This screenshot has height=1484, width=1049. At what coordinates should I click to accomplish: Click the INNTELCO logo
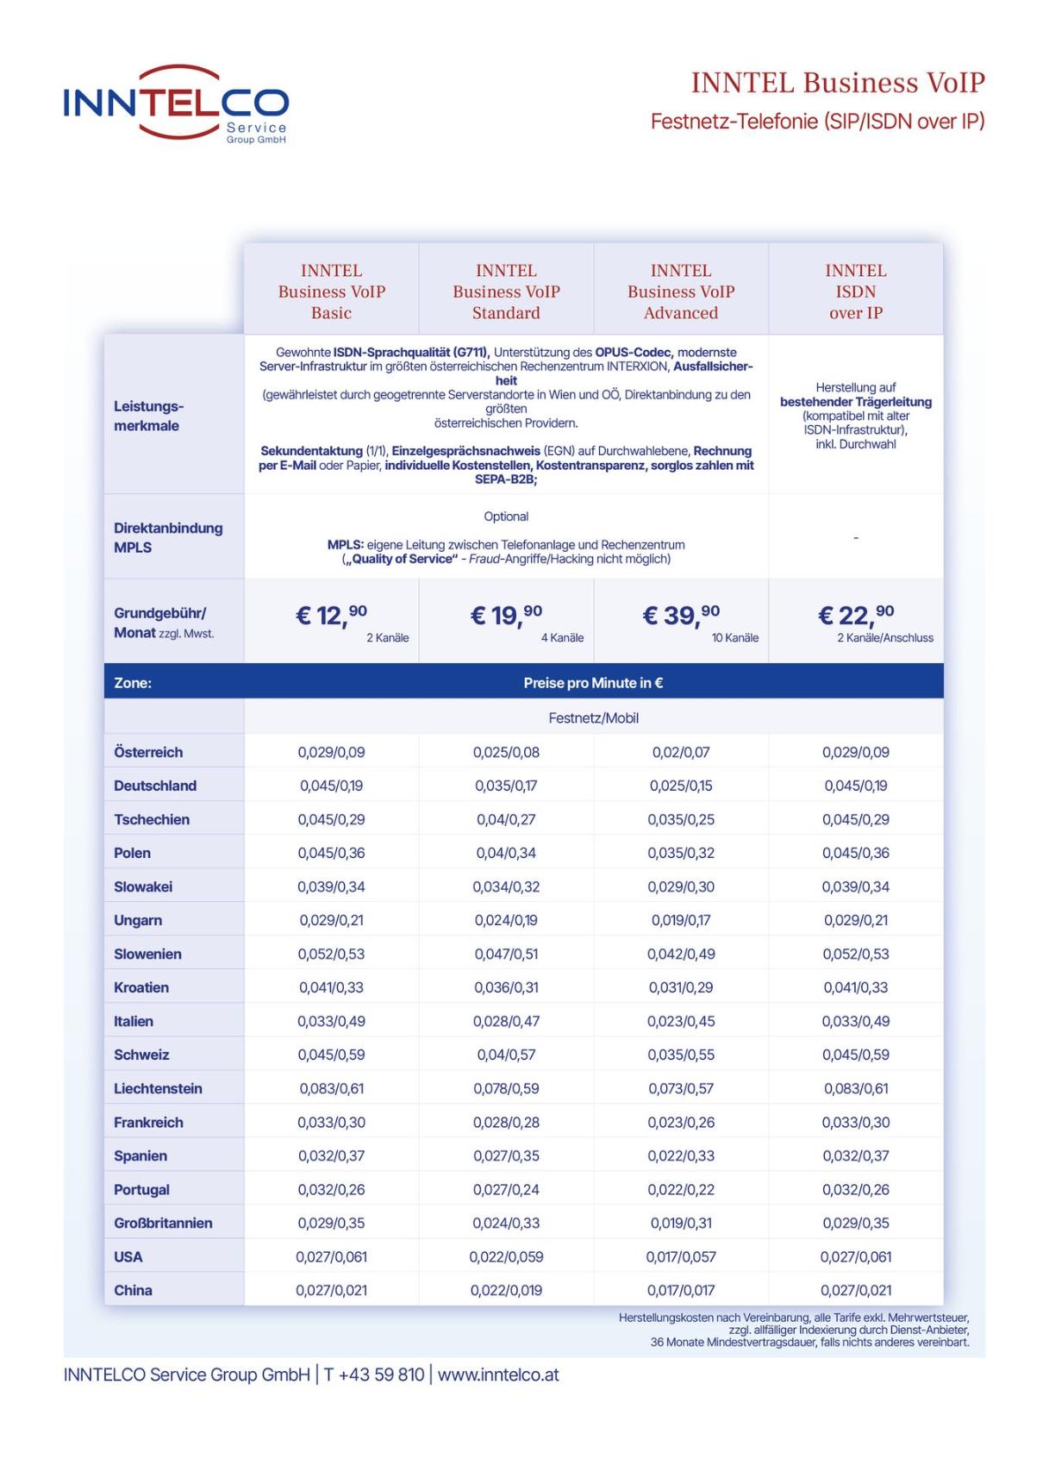(176, 102)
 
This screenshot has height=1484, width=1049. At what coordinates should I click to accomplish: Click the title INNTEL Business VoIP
(837, 83)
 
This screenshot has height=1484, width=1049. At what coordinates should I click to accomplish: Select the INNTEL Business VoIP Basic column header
(331, 291)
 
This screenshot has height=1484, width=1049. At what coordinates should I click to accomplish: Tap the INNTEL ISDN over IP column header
(855, 291)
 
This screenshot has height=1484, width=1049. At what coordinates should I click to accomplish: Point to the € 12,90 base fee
(331, 616)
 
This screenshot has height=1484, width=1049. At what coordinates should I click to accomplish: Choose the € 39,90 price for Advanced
(680, 616)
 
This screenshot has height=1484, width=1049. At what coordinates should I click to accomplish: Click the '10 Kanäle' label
(734, 638)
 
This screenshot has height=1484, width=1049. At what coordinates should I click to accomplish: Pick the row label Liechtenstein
(158, 1088)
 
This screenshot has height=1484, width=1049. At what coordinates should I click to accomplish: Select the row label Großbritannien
(163, 1223)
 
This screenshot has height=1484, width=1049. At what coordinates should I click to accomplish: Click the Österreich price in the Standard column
(506, 752)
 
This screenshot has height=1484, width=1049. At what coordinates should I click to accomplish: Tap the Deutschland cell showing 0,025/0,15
(681, 786)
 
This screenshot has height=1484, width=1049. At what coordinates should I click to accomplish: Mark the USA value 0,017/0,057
(681, 1256)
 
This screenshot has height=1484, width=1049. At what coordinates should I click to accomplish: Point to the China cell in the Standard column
(506, 1290)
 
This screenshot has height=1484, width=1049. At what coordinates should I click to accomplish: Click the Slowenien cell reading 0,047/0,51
(506, 954)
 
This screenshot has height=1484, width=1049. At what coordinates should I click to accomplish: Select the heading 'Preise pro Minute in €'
(593, 683)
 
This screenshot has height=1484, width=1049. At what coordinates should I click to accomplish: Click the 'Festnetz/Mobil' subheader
(593, 718)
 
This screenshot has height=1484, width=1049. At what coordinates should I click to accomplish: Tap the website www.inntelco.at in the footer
(498, 1374)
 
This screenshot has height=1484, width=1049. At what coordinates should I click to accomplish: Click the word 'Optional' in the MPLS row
(506, 517)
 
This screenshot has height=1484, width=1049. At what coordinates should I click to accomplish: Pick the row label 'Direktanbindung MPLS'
(168, 537)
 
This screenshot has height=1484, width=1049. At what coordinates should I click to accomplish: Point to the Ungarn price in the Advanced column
(681, 920)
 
